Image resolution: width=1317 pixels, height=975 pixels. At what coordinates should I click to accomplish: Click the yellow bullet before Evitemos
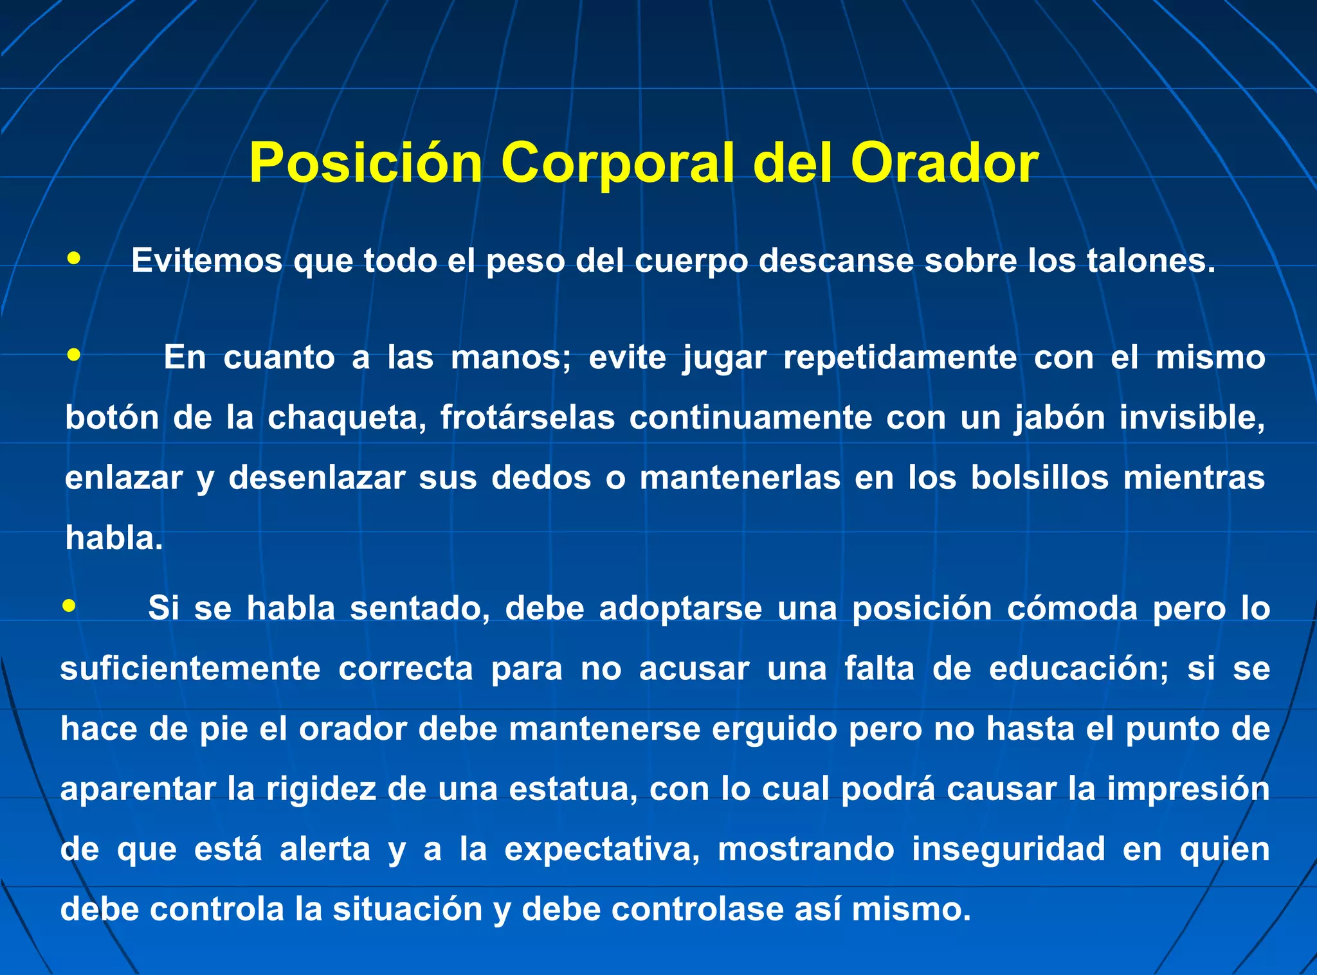pos(74,258)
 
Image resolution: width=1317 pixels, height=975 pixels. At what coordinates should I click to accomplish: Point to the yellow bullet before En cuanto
pos(74,355)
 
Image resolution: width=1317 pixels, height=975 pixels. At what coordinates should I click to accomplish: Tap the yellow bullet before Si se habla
pos(69,605)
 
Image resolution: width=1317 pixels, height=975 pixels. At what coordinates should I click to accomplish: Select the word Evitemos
pos(206,261)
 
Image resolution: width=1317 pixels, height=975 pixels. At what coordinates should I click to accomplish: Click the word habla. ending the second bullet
pos(114,539)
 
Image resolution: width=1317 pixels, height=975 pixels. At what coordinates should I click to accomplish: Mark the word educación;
pos(1078,668)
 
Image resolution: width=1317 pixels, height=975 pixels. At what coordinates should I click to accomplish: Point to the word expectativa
pos(602,850)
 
